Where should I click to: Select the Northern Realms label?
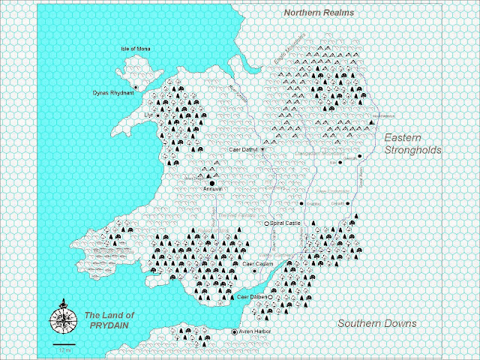pos(318,13)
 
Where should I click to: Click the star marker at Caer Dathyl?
pos(262,149)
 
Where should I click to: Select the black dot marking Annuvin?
pos(212,182)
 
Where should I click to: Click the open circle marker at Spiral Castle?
pos(266,223)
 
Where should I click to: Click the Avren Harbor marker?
pos(234,331)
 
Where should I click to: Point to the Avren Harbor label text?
pos(255,331)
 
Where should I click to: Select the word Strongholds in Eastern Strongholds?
pos(412,150)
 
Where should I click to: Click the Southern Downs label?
pos(377,323)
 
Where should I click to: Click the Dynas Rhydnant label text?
pos(92,93)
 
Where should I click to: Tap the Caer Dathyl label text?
pos(243,149)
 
